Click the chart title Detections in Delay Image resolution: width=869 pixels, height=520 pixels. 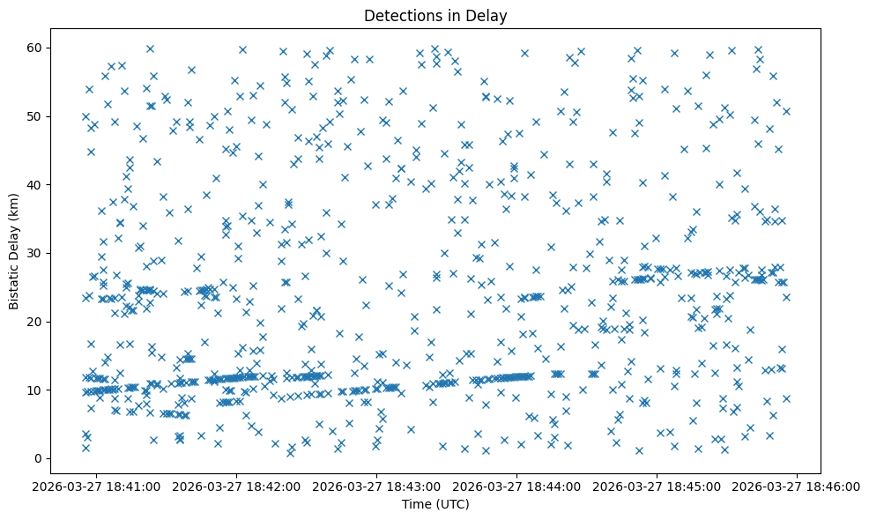click(x=435, y=16)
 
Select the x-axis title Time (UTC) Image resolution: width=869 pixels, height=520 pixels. click(x=435, y=504)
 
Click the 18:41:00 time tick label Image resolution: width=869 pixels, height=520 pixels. click(x=97, y=486)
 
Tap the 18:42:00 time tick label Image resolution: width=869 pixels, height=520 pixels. click(x=237, y=486)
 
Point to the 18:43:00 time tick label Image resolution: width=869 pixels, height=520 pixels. click(x=377, y=486)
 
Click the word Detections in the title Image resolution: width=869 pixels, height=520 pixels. click(x=401, y=16)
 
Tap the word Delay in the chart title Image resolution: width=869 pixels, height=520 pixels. click(x=490, y=16)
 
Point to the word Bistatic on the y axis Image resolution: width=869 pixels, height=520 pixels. click(x=14, y=280)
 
